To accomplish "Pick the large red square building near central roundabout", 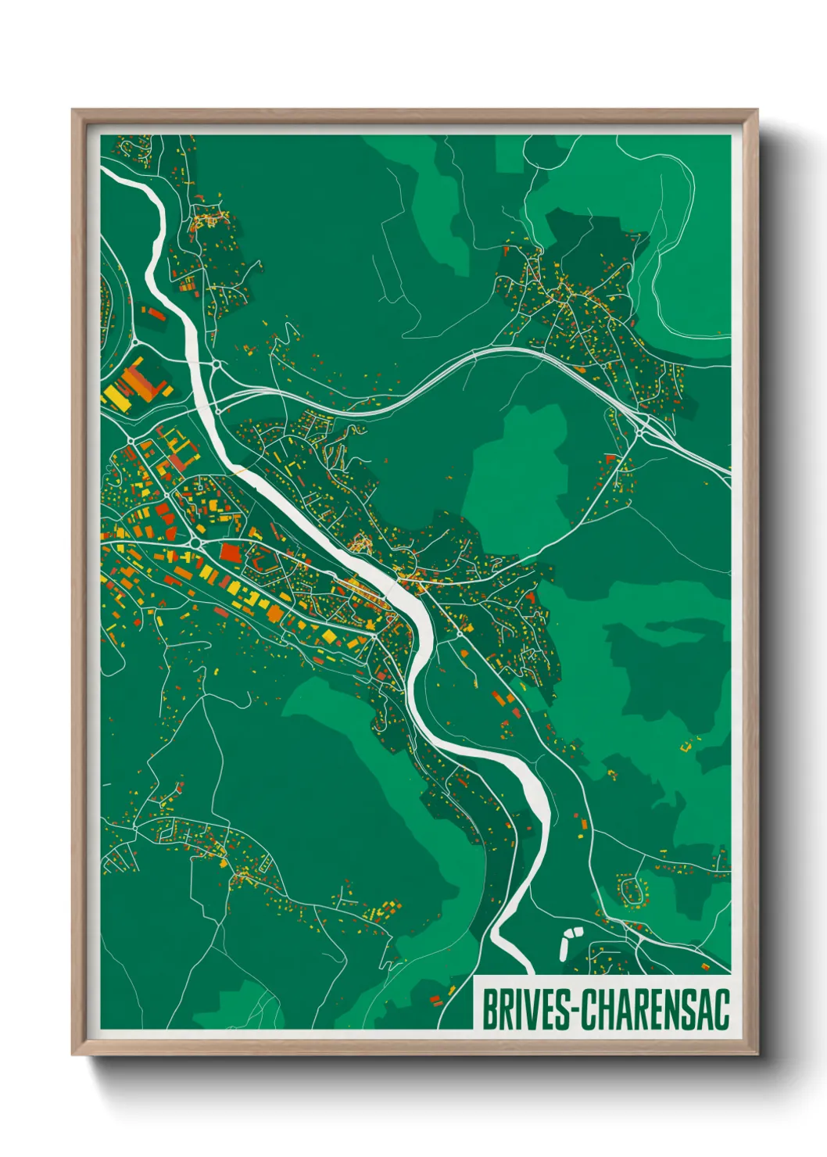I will tap(230, 553).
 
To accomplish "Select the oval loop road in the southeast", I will tap(634, 890).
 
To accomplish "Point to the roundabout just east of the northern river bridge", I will tap(216, 364).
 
